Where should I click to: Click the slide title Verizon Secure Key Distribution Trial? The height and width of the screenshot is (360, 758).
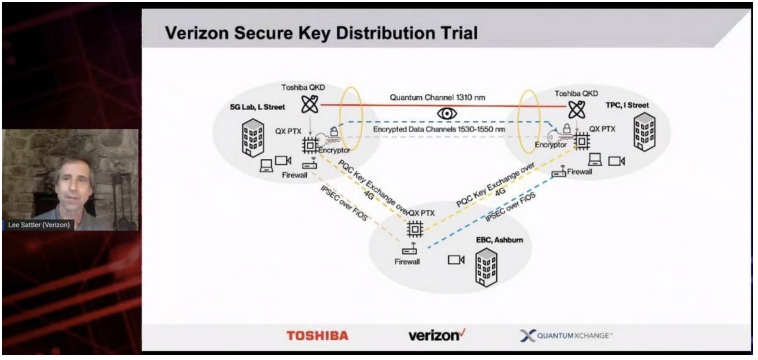tap(321, 33)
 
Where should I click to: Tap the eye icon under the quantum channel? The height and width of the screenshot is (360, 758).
tap(447, 114)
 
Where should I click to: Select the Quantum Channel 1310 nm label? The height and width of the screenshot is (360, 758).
tap(437, 97)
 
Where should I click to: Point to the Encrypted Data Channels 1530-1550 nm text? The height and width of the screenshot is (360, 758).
tap(439, 129)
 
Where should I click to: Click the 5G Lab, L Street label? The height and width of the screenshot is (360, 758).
tap(257, 107)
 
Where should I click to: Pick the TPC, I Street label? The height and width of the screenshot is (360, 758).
tap(627, 105)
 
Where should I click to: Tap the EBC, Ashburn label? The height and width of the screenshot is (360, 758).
tap(499, 240)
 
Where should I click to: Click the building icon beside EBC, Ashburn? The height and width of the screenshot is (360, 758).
tap(486, 268)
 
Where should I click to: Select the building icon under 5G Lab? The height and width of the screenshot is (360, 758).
tap(253, 138)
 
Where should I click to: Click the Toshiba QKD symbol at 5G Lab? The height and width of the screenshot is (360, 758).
tap(310, 104)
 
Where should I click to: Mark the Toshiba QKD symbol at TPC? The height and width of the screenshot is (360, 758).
tap(576, 110)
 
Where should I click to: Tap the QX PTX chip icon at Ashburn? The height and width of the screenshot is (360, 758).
tap(415, 229)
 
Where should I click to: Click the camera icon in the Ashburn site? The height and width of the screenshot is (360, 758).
tap(456, 260)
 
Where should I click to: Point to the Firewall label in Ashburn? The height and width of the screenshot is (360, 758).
tap(407, 262)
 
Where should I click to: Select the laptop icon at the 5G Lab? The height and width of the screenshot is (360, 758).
tap(266, 166)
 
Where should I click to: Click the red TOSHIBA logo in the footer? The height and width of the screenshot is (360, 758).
tap(317, 335)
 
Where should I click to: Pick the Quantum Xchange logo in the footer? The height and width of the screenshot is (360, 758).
tap(566, 335)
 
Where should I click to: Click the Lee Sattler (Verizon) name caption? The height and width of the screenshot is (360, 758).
tap(39, 225)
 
